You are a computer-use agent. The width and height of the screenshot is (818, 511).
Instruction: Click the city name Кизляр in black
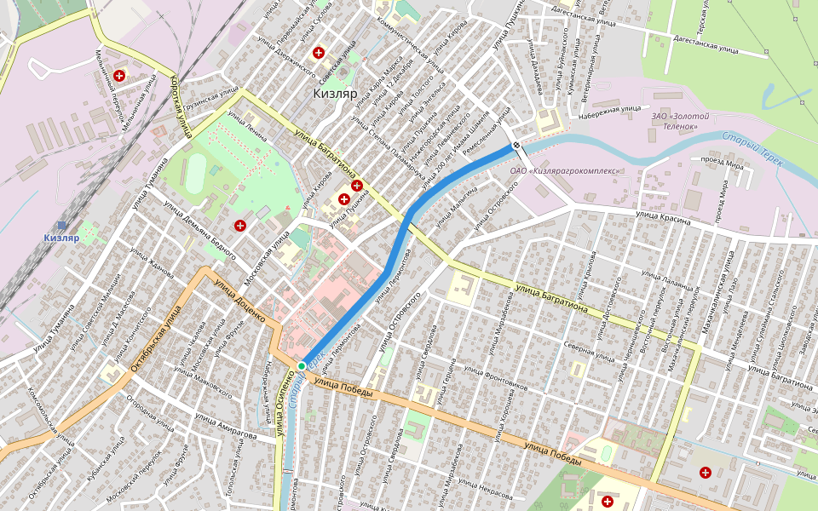tap(334, 94)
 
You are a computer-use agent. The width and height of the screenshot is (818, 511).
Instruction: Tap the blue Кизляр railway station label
tap(61, 238)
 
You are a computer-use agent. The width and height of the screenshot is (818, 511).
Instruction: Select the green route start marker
tap(301, 366)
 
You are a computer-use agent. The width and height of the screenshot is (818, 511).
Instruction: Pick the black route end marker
tap(516, 146)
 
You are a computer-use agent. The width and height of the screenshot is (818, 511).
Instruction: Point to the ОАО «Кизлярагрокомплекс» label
tap(564, 170)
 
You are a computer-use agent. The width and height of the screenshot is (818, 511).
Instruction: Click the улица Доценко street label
tap(240, 301)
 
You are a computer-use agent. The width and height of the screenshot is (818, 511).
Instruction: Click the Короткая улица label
tap(181, 106)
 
